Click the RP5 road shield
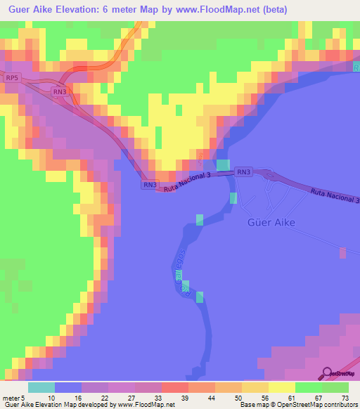(11, 77)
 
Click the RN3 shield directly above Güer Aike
(244, 171)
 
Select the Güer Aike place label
(271, 223)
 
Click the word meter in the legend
(11, 398)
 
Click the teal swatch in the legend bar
(41, 387)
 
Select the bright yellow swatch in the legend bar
(282, 387)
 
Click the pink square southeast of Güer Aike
(342, 252)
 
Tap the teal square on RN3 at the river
(223, 166)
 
